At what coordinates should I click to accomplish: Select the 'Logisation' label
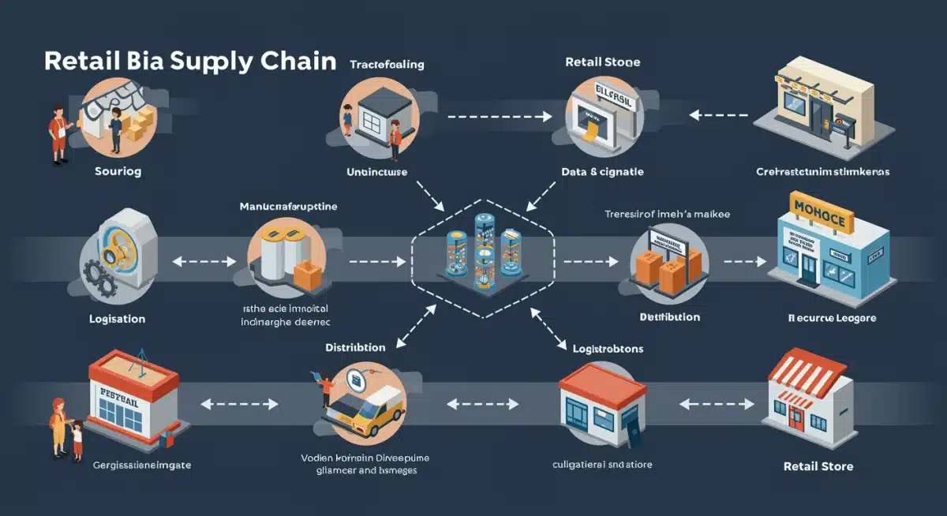point(117,319)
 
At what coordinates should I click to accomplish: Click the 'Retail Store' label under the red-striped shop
point(818,466)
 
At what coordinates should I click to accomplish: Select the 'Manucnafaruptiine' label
point(288,207)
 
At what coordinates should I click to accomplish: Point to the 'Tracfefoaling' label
point(387,65)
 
